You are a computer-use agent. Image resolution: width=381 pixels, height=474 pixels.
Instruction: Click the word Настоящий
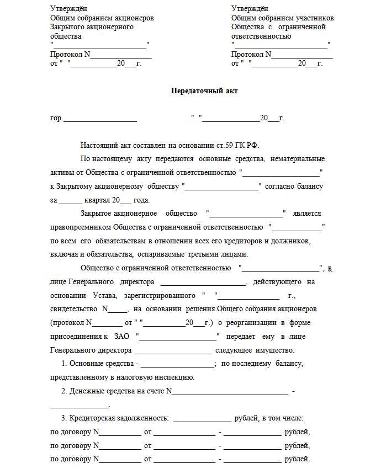[x=99, y=146]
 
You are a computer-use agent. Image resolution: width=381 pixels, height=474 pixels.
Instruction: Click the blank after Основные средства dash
[x=178, y=364]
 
